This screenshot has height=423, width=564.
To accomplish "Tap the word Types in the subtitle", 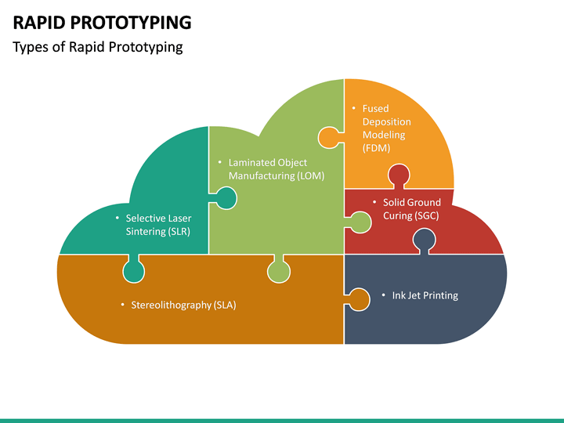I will point(31,47).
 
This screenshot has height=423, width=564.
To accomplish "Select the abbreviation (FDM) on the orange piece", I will point(376,148).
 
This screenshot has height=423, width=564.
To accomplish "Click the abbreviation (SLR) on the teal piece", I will point(177,232).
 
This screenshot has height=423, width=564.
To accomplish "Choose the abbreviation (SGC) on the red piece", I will point(423,215).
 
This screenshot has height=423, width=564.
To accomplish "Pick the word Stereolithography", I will point(171,305).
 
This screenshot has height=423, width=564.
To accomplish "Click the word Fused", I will point(375,108).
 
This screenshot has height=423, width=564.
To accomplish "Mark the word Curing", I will point(398,215).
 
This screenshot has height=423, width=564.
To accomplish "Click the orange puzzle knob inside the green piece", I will point(328,138).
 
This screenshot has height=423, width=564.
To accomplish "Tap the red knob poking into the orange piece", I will point(399,175).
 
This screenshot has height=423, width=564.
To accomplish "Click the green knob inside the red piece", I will point(360,222).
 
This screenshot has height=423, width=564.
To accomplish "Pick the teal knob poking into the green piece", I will point(225,198).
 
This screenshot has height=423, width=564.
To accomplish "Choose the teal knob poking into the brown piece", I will point(134,271).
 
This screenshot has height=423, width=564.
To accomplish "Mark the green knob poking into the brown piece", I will point(279,271).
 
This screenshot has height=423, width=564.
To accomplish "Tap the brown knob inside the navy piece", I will point(359,299).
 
